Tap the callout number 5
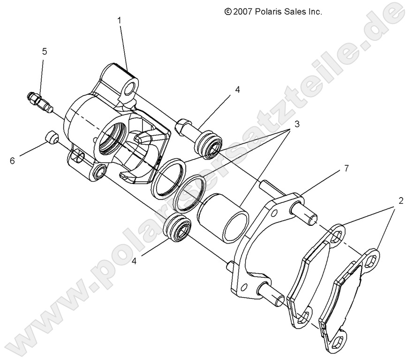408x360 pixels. point(45,52)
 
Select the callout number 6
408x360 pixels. point(13,161)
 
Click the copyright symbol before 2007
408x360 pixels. point(228,12)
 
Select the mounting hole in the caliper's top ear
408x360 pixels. point(132,88)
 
